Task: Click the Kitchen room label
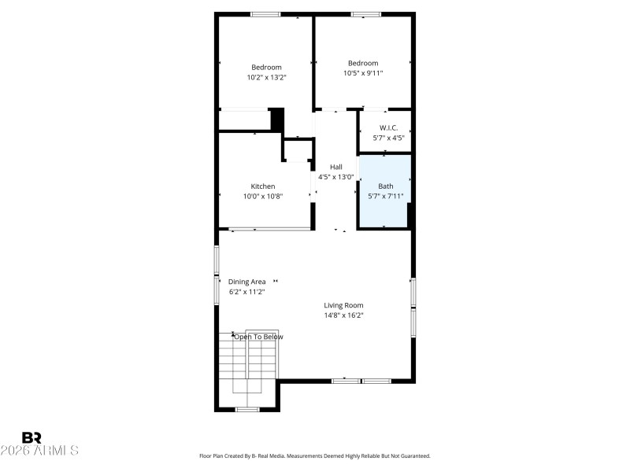[263, 186]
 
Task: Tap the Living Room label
[343, 305]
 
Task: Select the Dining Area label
[246, 282]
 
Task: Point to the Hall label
[336, 167]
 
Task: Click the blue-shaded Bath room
[385, 192]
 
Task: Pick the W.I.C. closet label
[388, 127]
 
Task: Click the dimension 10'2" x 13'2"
[266, 78]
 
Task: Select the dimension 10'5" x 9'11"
[363, 73]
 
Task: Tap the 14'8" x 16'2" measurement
[343, 315]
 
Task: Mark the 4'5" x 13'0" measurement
[336, 177]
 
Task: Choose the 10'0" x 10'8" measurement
[263, 197]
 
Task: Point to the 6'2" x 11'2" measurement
[246, 292]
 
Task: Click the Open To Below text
[258, 337]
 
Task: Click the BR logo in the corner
[32, 437]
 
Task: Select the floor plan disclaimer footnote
[314, 455]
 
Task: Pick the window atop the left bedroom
[265, 13]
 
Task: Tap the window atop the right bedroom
[365, 13]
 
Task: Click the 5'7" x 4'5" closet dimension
[388, 138]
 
